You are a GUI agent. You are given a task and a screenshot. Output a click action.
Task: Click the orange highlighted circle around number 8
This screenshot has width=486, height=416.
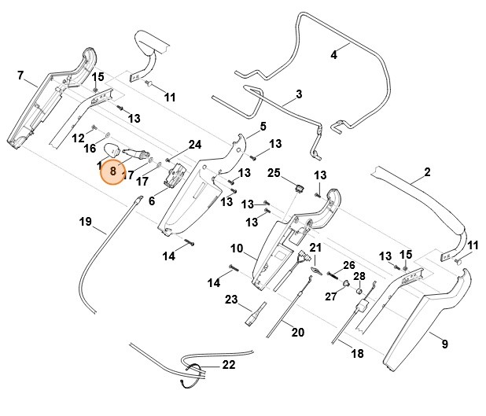113,169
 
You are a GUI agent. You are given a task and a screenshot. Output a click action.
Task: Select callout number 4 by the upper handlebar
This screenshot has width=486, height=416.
333,55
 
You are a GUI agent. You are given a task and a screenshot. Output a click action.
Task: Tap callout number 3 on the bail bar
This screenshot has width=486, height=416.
298,95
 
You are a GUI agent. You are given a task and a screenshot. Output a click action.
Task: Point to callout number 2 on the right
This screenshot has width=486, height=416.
427,172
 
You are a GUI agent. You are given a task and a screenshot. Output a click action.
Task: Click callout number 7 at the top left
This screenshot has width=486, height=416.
20,75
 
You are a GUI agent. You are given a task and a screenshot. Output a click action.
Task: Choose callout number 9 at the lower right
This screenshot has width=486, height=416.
444,344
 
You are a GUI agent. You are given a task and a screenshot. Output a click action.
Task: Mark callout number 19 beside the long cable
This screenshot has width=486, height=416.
86,222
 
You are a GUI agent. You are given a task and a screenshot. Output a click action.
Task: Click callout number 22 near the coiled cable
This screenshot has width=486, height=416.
228,364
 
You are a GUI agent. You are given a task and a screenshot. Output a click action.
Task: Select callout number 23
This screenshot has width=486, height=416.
231,300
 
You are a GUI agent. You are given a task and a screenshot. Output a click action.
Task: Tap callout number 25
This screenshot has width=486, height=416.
274,172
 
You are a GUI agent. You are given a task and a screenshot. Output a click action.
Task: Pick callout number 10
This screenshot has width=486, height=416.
237,248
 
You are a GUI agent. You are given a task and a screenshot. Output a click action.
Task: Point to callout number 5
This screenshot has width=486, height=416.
263,126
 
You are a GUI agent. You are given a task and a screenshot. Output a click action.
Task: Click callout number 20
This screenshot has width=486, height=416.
297,332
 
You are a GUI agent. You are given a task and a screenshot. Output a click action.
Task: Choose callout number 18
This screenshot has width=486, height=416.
357,354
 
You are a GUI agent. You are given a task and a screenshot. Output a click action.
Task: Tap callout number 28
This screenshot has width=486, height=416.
359,276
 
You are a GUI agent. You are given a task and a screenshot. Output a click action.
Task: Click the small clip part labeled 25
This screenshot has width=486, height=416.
300,187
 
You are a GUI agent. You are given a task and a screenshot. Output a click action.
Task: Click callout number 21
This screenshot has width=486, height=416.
315,248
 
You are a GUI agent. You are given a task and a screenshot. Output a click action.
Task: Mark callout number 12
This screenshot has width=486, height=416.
78,138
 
